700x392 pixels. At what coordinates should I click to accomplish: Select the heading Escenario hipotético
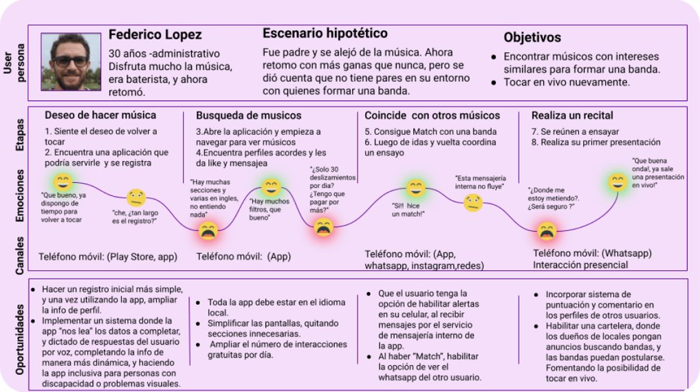coord(325,33)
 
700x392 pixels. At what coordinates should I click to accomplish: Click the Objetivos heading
coord(532,38)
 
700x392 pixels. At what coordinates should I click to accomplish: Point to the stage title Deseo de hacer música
coord(100,115)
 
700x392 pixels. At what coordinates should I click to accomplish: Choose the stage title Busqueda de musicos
coord(248,115)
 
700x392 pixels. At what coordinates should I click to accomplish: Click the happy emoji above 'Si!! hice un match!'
coord(415,187)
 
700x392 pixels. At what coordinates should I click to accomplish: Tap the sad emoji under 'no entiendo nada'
coord(208,230)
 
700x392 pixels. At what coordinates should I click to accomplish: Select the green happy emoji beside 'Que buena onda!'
coord(617,182)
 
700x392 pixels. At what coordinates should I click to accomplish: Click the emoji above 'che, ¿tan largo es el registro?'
coord(136,197)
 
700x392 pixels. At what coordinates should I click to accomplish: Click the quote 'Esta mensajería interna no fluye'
coord(479,182)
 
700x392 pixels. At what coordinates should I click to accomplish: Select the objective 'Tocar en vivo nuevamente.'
coord(566,82)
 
